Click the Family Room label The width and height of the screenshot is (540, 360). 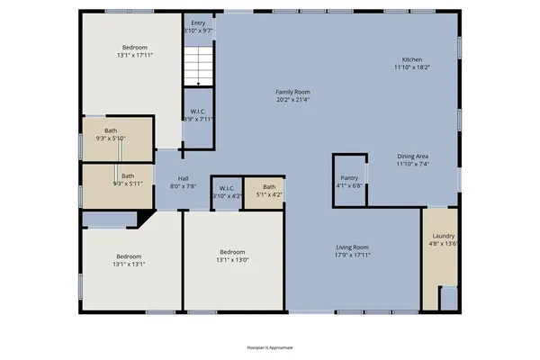[292, 92]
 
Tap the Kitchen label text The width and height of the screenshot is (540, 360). [411, 59]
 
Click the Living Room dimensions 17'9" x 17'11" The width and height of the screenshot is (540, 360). [353, 256]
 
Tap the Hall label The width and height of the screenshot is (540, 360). [183, 178]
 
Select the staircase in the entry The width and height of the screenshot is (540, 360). [197, 65]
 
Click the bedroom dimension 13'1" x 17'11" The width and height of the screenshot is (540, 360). [136, 56]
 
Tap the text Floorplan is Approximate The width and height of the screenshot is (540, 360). [270, 346]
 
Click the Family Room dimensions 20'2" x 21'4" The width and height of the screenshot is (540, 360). [292, 100]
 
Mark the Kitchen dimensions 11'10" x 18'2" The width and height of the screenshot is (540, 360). [411, 67]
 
